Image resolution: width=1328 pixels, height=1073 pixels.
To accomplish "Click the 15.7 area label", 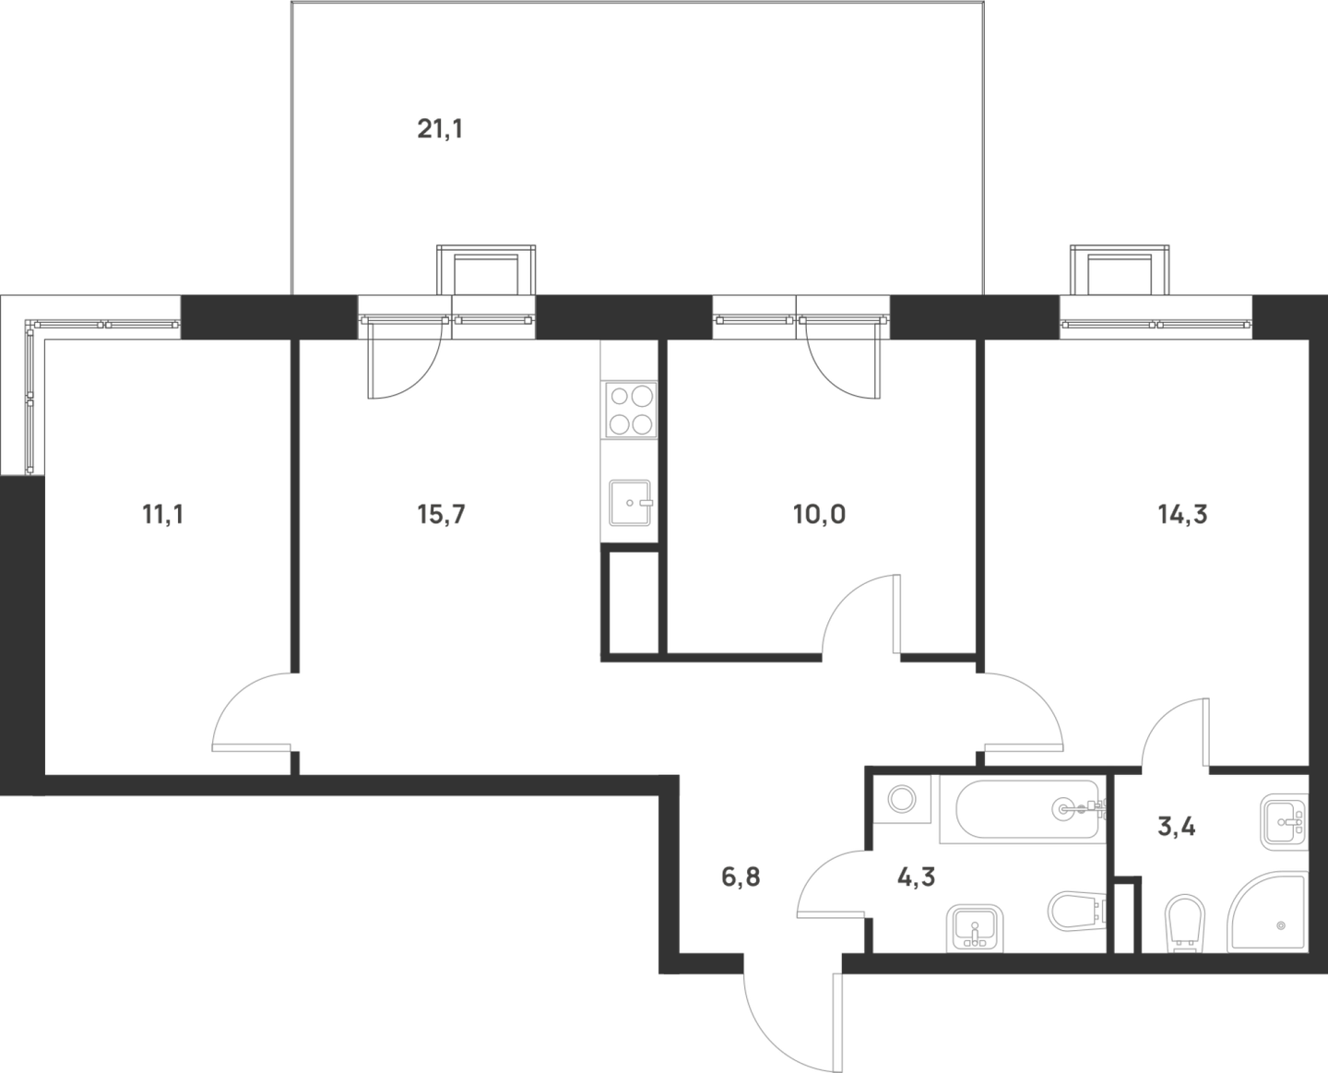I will point(440,516).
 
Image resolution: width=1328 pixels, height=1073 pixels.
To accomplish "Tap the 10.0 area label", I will point(819,516).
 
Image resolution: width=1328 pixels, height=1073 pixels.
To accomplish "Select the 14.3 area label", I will point(1181,516).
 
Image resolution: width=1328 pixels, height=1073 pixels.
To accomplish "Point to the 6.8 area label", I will point(741,876).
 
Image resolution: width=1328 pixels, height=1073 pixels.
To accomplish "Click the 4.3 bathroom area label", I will point(915,877).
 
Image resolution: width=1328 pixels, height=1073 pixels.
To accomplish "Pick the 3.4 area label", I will point(1177,829).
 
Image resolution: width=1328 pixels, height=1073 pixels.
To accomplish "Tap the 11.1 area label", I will point(161,516).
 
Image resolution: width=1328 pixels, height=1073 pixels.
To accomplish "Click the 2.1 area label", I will point(438,127).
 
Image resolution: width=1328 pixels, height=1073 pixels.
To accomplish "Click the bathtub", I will point(1029,808).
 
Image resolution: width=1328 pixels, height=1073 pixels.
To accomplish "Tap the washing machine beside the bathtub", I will point(899,798).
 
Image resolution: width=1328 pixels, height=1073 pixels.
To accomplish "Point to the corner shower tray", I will point(1267,912).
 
